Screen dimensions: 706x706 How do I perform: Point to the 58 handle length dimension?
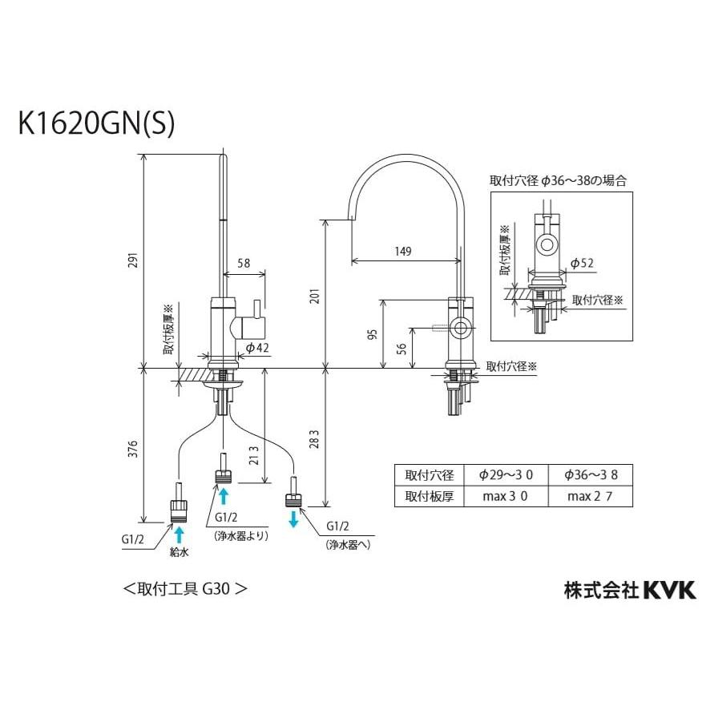[244, 263]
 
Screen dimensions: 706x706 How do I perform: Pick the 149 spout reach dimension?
[403, 252]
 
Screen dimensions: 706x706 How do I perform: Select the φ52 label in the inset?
[581, 263]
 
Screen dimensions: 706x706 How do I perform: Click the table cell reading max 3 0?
[505, 496]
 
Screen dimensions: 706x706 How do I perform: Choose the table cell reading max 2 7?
[591, 496]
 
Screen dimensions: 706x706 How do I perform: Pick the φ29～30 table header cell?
[505, 475]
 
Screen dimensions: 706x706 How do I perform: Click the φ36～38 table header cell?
[591, 475]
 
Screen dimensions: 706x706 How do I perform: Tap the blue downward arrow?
[293, 518]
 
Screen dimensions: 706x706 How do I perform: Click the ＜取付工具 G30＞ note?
[184, 588]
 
